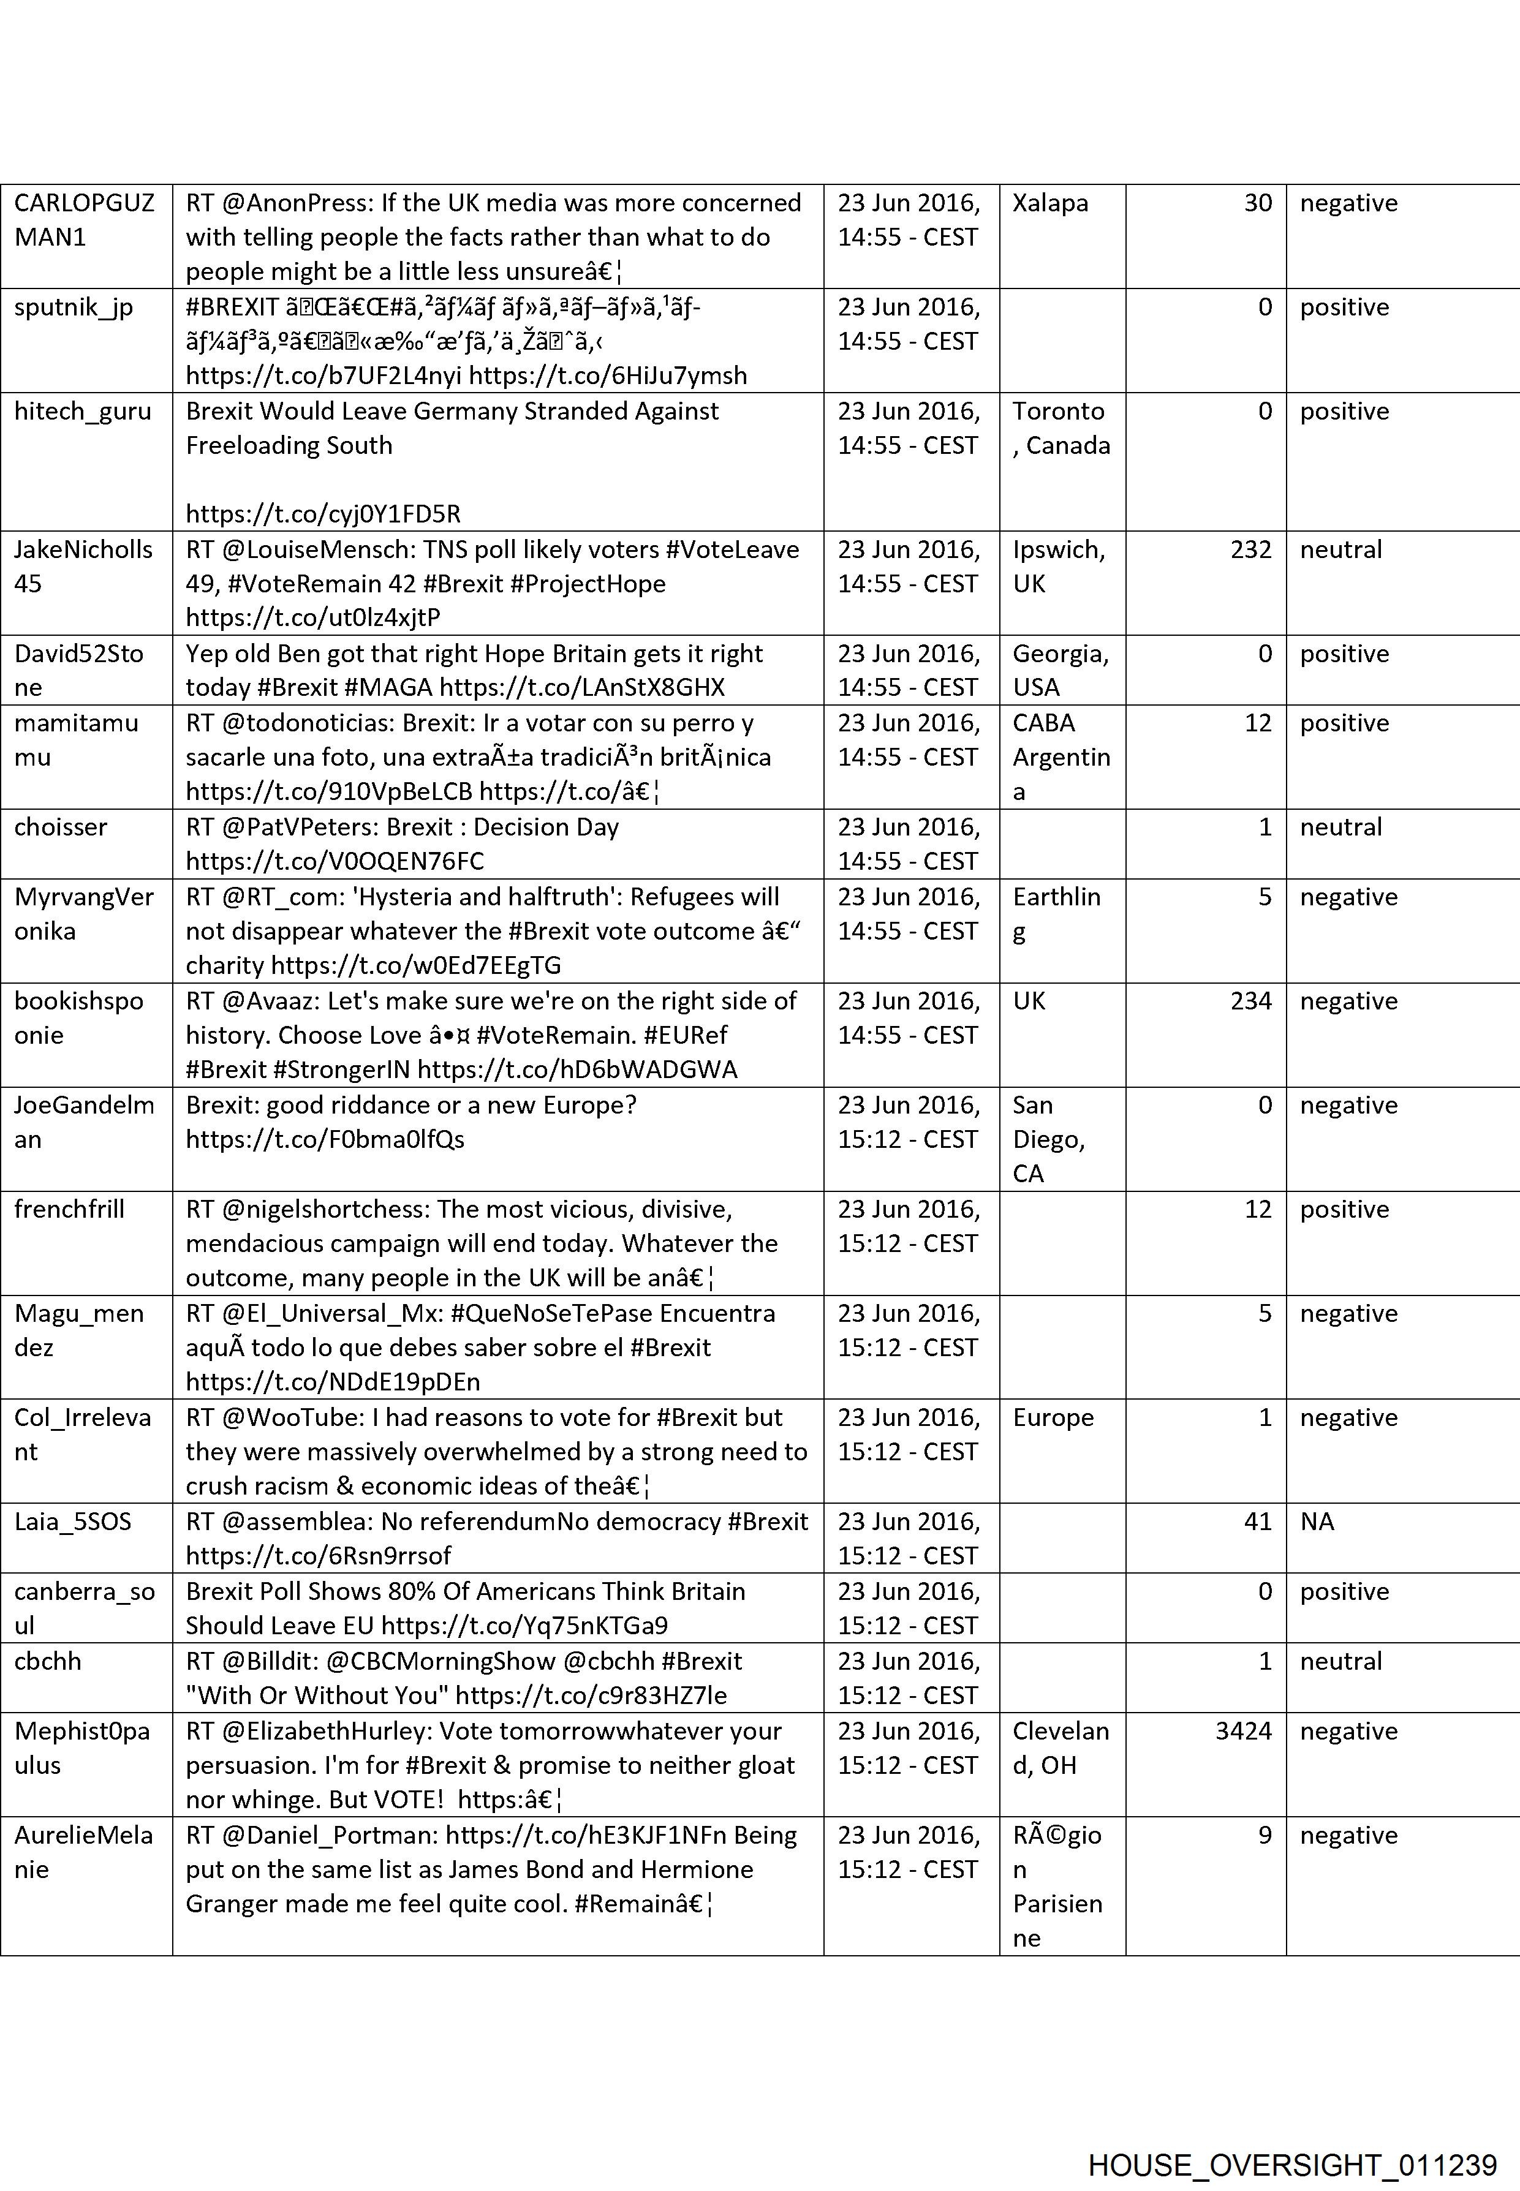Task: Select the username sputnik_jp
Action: pos(74,307)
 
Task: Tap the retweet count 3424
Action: pos(1243,1731)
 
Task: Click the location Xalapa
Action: pos(1049,203)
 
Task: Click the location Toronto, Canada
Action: pos(1060,429)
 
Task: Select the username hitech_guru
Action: pos(83,412)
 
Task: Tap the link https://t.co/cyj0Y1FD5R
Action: pos(323,514)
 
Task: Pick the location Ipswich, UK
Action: pos(1058,567)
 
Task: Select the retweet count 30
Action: pos(1257,203)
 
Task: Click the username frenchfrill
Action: pos(69,1209)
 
